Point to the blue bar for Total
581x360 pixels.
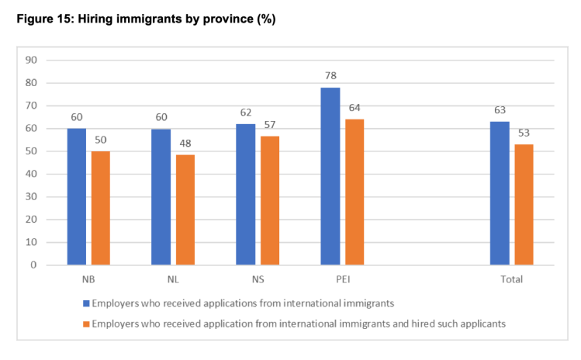[500, 193]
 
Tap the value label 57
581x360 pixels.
[270, 126]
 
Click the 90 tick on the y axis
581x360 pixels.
[32, 61]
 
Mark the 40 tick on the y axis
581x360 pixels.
[32, 174]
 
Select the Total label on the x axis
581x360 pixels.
[511, 279]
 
